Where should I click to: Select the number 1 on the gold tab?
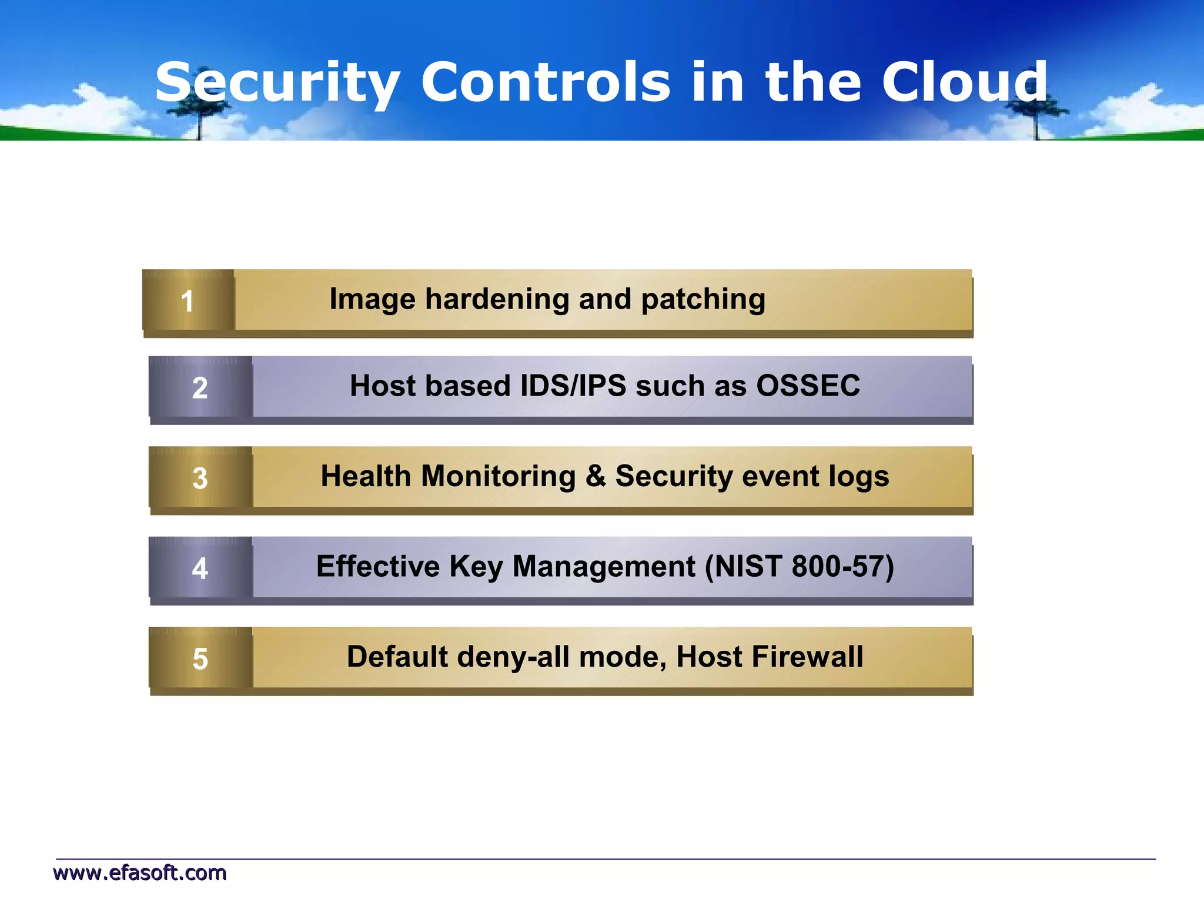coord(187,302)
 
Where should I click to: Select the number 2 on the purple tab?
coord(200,388)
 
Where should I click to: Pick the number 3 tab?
coord(200,478)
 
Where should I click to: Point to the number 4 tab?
coord(200,568)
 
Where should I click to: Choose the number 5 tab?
coord(200,658)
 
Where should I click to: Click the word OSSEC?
coord(808,386)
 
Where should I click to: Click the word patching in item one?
coord(703,300)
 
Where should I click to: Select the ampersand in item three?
coord(596,476)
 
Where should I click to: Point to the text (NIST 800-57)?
coord(799,567)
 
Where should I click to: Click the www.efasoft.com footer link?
coord(140,873)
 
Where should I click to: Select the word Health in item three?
coord(365,476)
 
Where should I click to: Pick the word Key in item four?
coord(476,567)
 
